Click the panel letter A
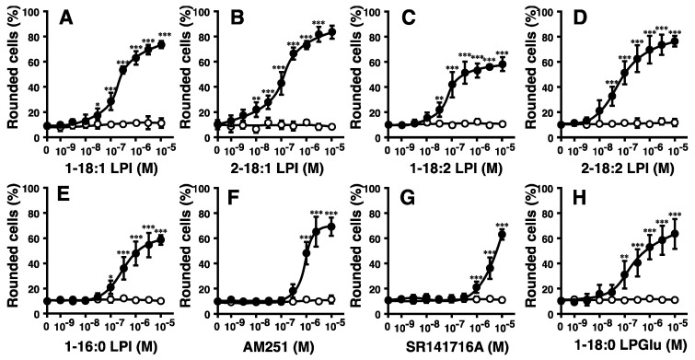pos(65,20)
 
